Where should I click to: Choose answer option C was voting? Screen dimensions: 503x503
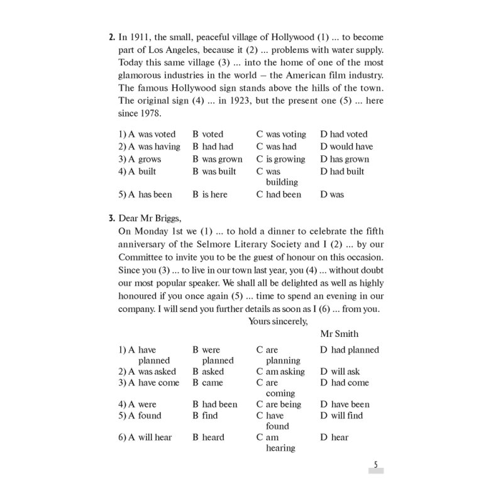point(281,134)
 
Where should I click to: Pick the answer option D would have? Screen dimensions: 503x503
point(346,146)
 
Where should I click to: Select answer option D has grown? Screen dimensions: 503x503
point(345,159)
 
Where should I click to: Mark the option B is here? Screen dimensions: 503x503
point(210,194)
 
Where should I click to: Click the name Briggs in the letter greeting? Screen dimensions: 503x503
point(165,218)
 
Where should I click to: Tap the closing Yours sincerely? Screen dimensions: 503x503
point(278,321)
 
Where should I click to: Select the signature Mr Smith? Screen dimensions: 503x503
point(339,334)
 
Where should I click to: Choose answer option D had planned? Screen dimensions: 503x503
point(350,350)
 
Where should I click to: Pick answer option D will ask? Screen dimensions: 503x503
point(340,372)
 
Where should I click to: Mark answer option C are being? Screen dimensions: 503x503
point(279,404)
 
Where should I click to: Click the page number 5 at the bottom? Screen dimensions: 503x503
point(375,465)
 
